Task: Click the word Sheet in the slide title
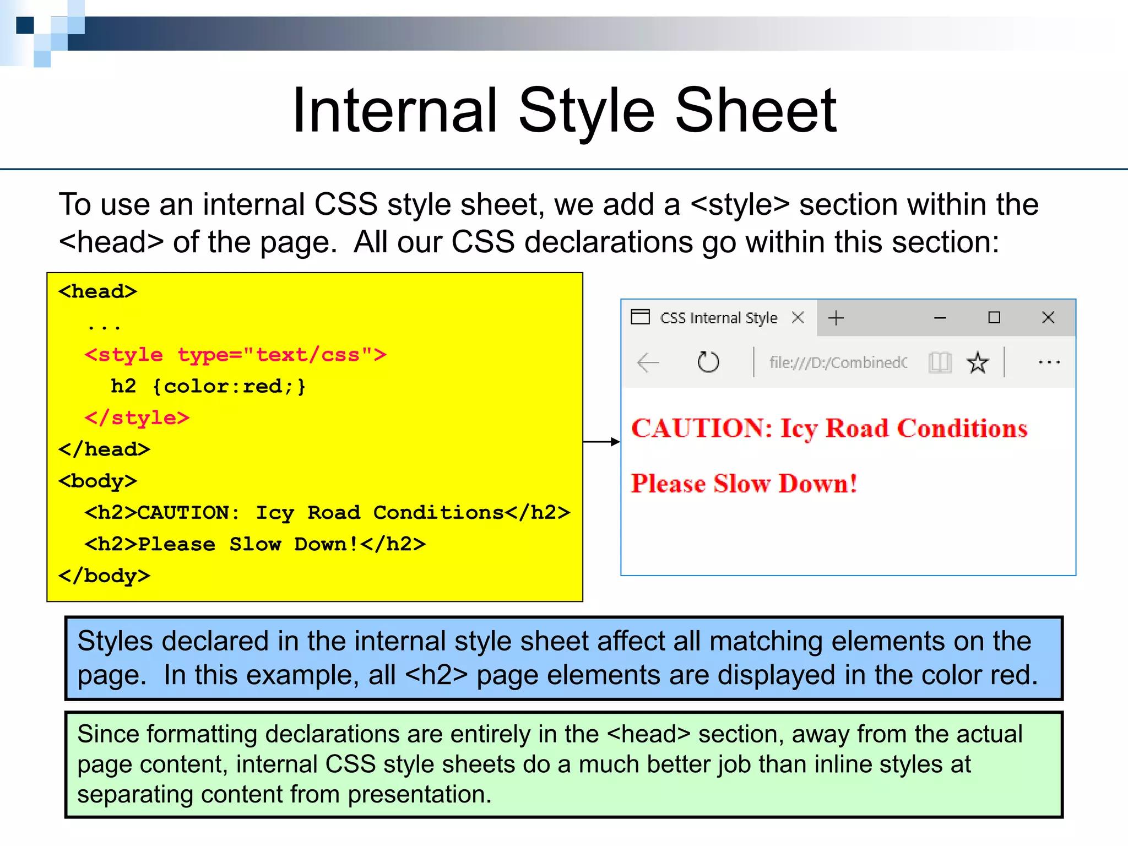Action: tap(756, 111)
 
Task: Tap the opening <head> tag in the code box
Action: tap(98, 291)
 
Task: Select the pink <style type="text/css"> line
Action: tap(236, 355)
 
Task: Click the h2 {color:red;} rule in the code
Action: tap(208, 387)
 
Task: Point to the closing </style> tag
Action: tap(137, 418)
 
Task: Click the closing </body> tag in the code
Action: tap(105, 576)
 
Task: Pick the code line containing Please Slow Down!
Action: tap(255, 544)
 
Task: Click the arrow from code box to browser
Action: tap(601, 442)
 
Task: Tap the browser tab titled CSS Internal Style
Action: tap(718, 318)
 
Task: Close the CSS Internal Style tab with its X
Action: tap(798, 318)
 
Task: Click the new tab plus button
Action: tap(836, 318)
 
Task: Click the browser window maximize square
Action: tap(994, 318)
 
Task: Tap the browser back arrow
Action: tap(648, 362)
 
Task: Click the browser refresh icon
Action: tap(708, 362)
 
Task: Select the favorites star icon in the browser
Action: tap(978, 362)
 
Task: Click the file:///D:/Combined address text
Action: tap(838, 362)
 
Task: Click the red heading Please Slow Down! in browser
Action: tap(744, 484)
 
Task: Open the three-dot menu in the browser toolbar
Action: tap(1049, 362)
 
